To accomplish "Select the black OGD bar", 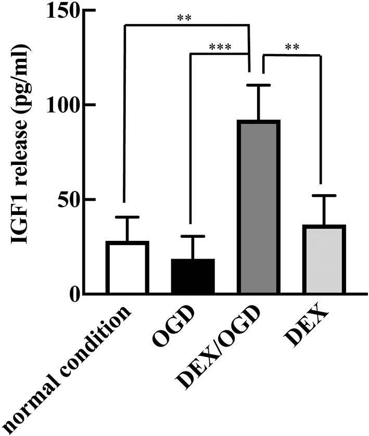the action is tap(193, 276).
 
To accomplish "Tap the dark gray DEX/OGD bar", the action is tap(258, 207).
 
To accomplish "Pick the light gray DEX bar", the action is tap(324, 259).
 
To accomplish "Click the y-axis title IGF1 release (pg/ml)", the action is tap(20, 144).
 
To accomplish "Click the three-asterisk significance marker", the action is tap(220, 47).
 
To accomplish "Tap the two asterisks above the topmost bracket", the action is tap(184, 18).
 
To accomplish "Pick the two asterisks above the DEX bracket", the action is tap(292, 47).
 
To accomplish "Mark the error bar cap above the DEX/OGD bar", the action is tap(258, 85).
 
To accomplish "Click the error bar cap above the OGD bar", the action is tap(193, 236).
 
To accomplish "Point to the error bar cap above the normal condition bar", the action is tap(128, 217).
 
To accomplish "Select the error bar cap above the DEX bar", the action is tap(324, 196).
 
